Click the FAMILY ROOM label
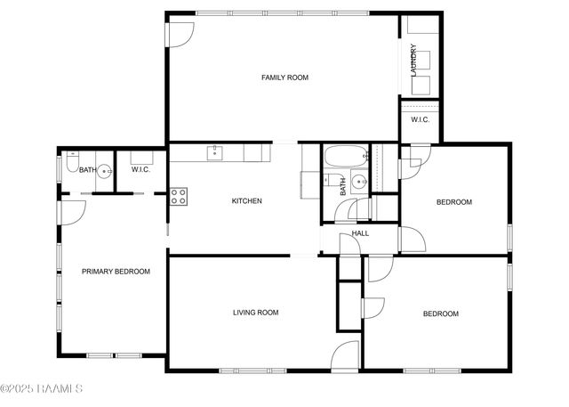click(284, 78)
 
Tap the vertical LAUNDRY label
click(414, 60)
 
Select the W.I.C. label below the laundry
click(420, 120)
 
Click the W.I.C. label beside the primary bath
click(140, 169)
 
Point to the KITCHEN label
click(246, 201)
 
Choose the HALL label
click(360, 233)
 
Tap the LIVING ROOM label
click(256, 313)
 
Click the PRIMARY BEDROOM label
click(116, 272)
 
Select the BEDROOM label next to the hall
click(453, 202)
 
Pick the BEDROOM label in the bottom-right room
click(440, 313)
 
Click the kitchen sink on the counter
click(215, 153)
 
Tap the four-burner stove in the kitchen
click(179, 196)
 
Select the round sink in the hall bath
click(358, 183)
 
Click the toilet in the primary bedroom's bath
click(71, 167)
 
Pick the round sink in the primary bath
click(105, 172)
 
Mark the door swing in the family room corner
click(180, 34)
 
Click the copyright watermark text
click(42, 388)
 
